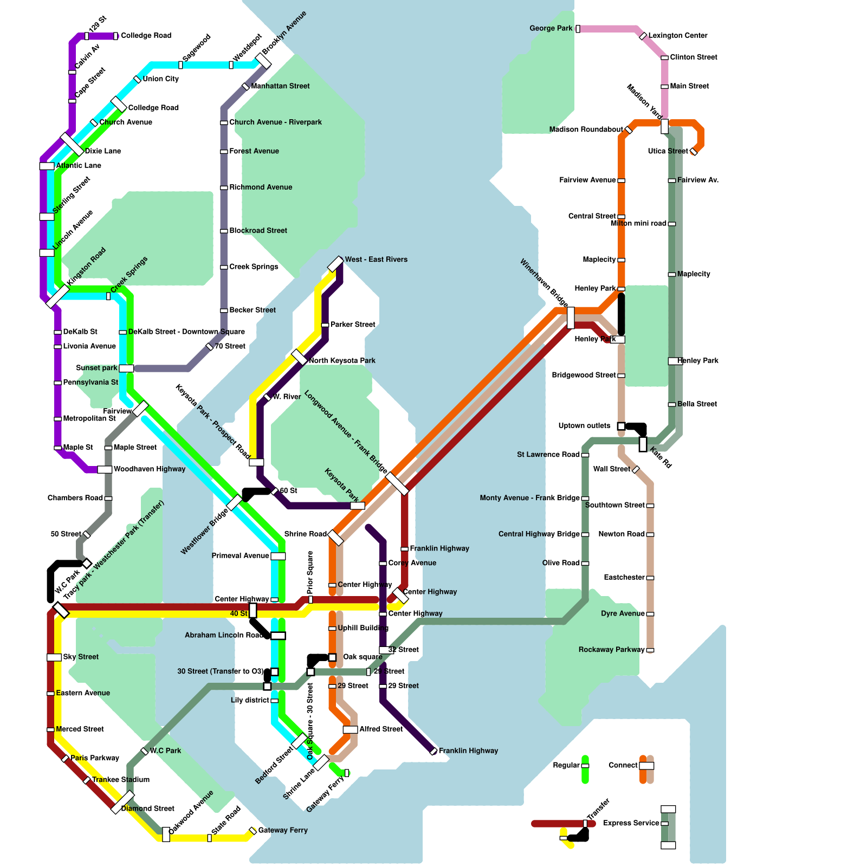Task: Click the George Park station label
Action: [551, 28]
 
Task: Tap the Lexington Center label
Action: [678, 36]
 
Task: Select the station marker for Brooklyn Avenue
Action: [263, 60]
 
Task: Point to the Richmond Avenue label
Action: [261, 187]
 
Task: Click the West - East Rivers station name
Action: [376, 260]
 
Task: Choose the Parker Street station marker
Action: [325, 325]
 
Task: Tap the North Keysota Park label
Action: [342, 361]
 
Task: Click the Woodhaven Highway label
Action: [150, 469]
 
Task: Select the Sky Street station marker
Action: [54, 657]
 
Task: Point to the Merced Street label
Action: [80, 729]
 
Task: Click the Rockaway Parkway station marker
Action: [650, 650]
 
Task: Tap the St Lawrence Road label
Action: [548, 455]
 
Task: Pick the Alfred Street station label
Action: [381, 729]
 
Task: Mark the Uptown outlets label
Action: [584, 426]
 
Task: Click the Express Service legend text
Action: [631, 823]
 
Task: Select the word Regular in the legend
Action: [566, 766]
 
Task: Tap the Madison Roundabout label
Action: [586, 130]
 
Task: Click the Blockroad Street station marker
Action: [224, 231]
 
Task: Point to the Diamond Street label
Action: [147, 808]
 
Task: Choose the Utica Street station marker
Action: [694, 152]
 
